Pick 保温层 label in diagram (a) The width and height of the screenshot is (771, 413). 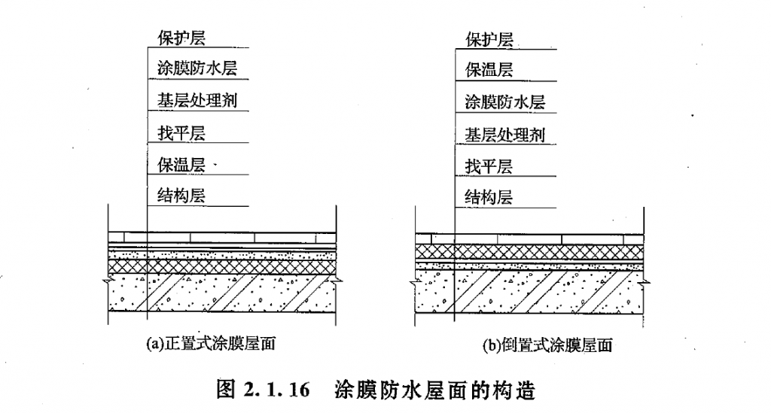pyautogui.click(x=177, y=165)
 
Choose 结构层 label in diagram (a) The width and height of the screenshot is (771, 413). pyautogui.click(x=177, y=196)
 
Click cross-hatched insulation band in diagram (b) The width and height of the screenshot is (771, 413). pyautogui.click(x=531, y=249)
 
